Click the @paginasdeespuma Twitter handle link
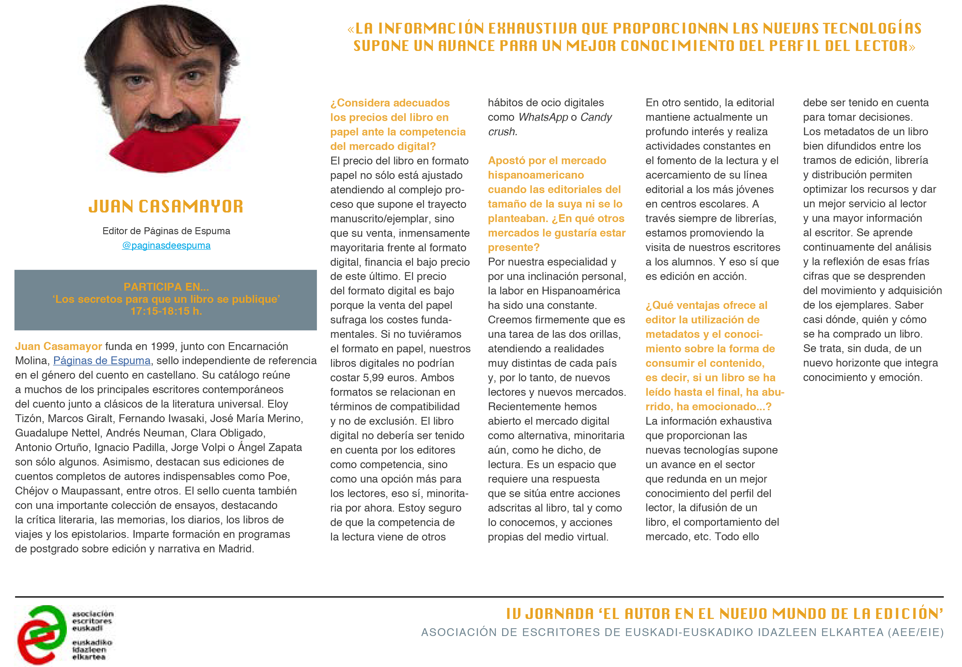(166, 246)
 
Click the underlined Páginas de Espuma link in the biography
(102, 361)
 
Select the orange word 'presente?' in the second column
(514, 248)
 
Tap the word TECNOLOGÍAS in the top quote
(872, 28)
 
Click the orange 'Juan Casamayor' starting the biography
(58, 347)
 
